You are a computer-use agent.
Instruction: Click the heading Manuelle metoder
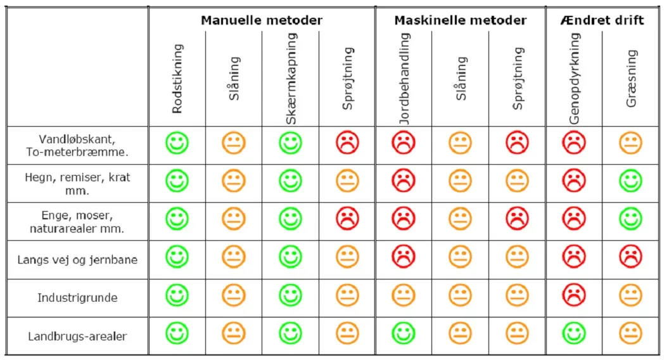coord(262,20)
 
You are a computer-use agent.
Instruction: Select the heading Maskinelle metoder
coord(460,20)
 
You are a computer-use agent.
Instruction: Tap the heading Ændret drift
coord(602,20)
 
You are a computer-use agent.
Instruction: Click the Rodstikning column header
coord(177,79)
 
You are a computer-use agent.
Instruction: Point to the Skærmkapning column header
coord(291,79)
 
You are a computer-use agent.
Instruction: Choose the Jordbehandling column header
coord(404,79)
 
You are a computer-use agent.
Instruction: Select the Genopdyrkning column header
coord(574,79)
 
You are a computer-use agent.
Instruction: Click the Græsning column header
coord(631,79)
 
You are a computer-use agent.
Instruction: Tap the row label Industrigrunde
coord(77,297)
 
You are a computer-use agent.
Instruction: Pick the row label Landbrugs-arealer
coord(77,336)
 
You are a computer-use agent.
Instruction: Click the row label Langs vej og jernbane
coord(77,259)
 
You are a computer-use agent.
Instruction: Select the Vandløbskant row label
coord(77,145)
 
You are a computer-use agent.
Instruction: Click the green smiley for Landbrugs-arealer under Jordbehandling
coord(404,333)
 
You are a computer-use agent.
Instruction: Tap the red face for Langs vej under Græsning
coord(631,257)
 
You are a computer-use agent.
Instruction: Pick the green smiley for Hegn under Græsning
coord(631,181)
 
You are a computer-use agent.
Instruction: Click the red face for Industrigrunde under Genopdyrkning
coord(574,295)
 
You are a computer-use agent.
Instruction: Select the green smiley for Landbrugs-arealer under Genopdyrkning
coord(574,333)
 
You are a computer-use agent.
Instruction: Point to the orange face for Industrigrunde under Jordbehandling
coord(404,295)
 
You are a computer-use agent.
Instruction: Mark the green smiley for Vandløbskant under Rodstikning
coord(177,143)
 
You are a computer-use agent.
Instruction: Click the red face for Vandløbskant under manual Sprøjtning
coord(348,143)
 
